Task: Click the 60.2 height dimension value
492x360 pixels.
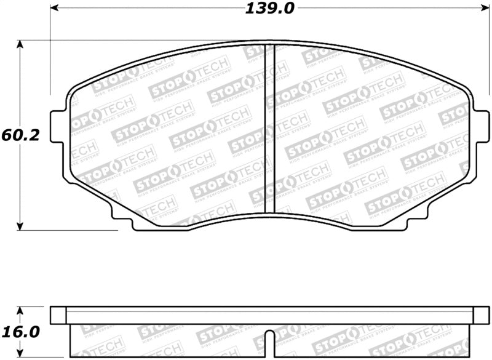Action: (20, 135)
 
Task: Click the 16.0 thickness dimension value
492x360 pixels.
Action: (20, 333)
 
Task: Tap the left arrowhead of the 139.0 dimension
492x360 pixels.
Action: (54, 9)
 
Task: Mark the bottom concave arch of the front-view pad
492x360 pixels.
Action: (269, 215)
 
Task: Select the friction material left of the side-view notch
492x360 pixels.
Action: (166, 340)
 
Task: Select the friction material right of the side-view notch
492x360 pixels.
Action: (369, 340)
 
